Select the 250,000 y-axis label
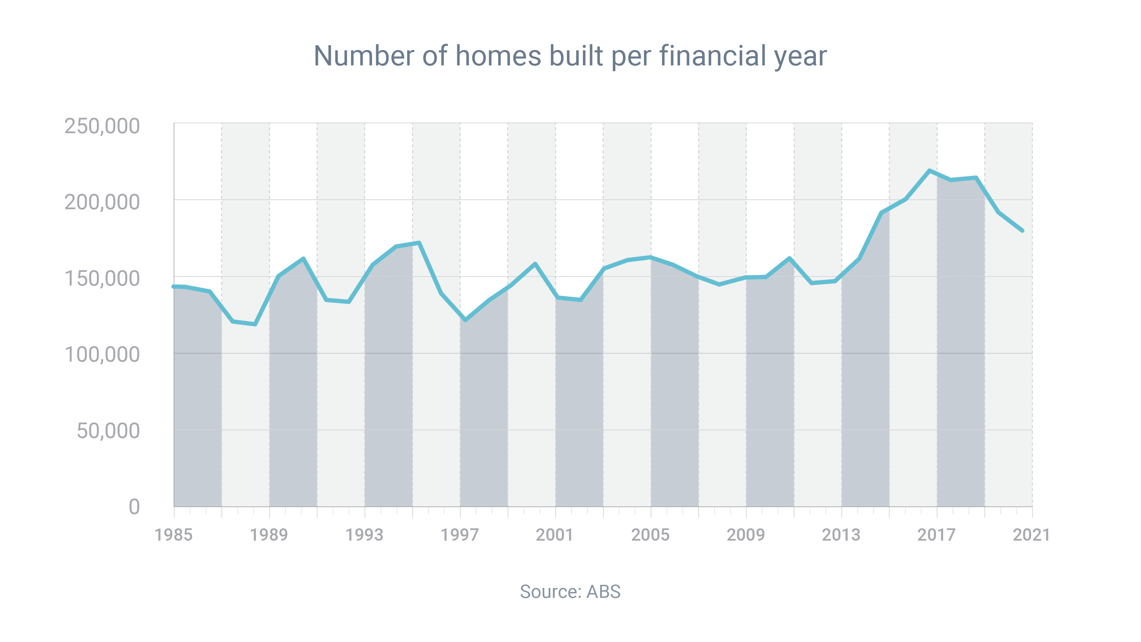coord(102,126)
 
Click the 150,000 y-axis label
coord(102,279)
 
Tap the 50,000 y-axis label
coord(108,431)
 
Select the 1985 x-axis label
coord(173,535)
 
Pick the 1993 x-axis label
coord(364,535)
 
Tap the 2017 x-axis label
coord(936,535)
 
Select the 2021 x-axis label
coord(1031,535)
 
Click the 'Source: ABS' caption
coord(570,592)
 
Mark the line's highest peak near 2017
coord(929,171)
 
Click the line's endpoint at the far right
coord(1023,230)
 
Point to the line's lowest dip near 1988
coord(255,324)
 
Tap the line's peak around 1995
coord(419,243)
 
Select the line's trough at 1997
coord(465,320)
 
